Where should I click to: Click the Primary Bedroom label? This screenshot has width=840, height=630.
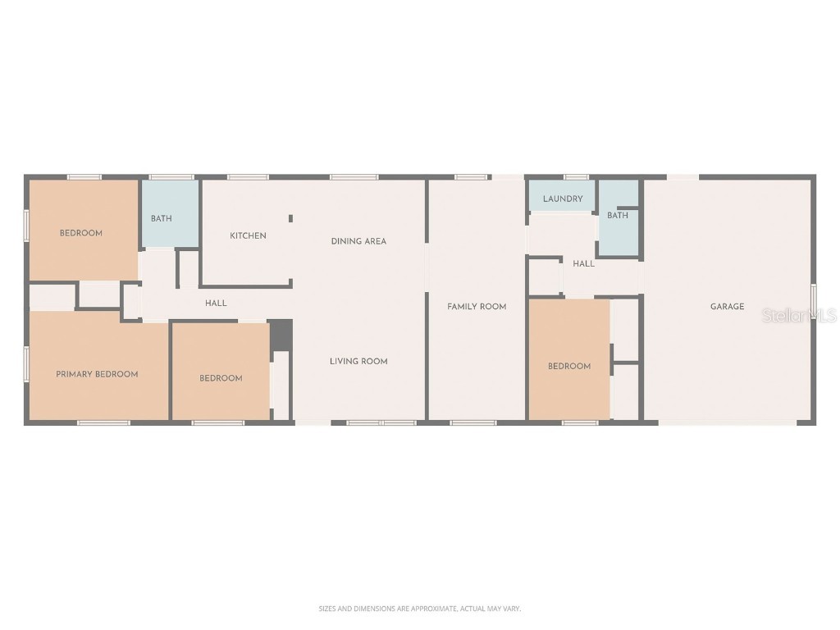pyautogui.click(x=97, y=374)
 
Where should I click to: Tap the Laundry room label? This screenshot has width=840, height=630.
pyautogui.click(x=563, y=199)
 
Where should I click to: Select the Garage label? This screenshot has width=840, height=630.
pyautogui.click(x=727, y=307)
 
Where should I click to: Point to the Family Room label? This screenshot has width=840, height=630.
pyautogui.click(x=477, y=307)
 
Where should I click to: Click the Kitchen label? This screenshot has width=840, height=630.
pyautogui.click(x=248, y=236)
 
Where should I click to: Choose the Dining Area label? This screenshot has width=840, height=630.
pyautogui.click(x=358, y=241)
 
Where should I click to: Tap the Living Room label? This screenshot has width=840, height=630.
pyautogui.click(x=358, y=361)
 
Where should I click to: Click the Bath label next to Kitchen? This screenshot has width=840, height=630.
pyautogui.click(x=162, y=218)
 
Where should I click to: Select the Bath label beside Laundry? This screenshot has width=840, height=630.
pyautogui.click(x=618, y=215)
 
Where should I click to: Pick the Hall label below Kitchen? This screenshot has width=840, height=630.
pyautogui.click(x=217, y=304)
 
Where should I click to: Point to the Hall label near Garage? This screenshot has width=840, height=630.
pyautogui.click(x=584, y=263)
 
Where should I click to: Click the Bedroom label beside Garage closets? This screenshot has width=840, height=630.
pyautogui.click(x=569, y=366)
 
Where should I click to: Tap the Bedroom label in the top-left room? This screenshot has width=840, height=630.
pyautogui.click(x=81, y=233)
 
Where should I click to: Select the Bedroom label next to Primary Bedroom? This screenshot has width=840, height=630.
pyautogui.click(x=221, y=378)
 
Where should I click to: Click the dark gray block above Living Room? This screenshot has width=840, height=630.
pyautogui.click(x=281, y=334)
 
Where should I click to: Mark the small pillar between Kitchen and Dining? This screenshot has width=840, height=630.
pyautogui.click(x=290, y=218)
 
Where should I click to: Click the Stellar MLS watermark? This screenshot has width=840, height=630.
pyautogui.click(x=799, y=315)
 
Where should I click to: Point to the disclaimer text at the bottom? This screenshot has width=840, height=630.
pyautogui.click(x=419, y=609)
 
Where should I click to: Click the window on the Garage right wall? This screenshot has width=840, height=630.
pyautogui.click(x=814, y=303)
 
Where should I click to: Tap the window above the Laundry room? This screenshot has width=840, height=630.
pyautogui.click(x=576, y=176)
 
